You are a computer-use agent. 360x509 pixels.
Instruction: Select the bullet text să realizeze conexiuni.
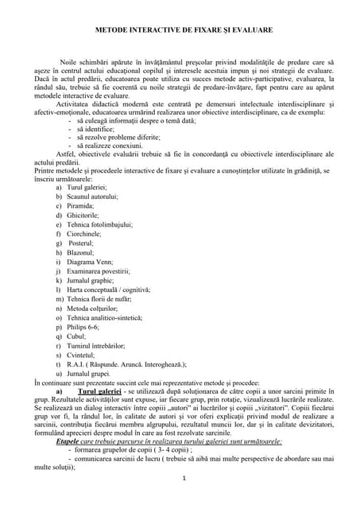click(114, 146)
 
